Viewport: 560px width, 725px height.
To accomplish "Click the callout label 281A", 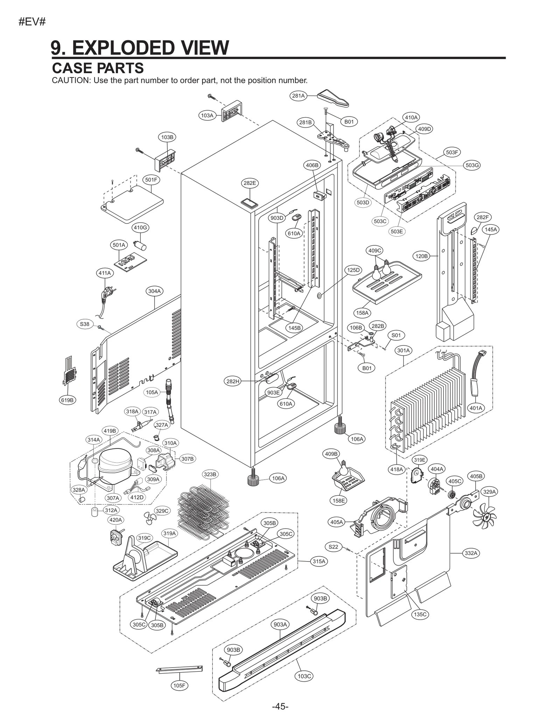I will (299, 96).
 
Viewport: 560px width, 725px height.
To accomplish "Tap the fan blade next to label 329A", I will (485, 513).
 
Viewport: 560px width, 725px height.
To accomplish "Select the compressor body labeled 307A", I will (115, 461).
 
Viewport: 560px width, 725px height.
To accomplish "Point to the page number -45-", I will (280, 706).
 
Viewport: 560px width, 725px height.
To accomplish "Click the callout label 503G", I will (472, 165).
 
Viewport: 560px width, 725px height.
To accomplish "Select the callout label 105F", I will (179, 685).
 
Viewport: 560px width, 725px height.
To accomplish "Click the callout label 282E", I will (250, 183).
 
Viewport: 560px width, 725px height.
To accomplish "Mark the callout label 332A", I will (471, 553).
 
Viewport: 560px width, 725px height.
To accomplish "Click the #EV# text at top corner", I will (32, 22).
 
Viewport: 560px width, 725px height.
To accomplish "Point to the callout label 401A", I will (476, 408).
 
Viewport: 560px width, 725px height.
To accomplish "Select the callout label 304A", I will (154, 291).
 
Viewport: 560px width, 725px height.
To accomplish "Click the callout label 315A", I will (319, 561).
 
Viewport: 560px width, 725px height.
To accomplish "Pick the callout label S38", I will (85, 324).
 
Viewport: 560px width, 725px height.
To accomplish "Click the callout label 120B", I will (421, 256).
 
